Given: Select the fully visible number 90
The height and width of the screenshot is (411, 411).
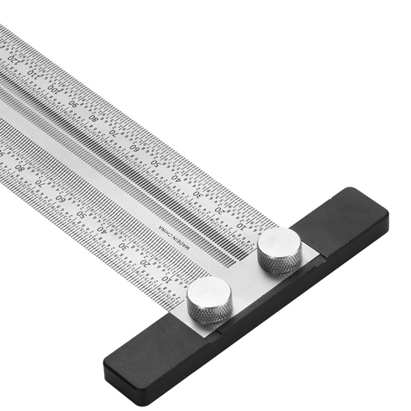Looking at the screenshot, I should (x=74, y=103).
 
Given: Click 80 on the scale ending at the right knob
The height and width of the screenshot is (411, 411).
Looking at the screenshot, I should (x=94, y=118).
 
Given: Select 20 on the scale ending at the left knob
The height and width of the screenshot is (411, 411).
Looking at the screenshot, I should (x=145, y=262).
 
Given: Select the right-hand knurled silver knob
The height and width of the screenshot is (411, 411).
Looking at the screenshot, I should (x=280, y=249).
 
